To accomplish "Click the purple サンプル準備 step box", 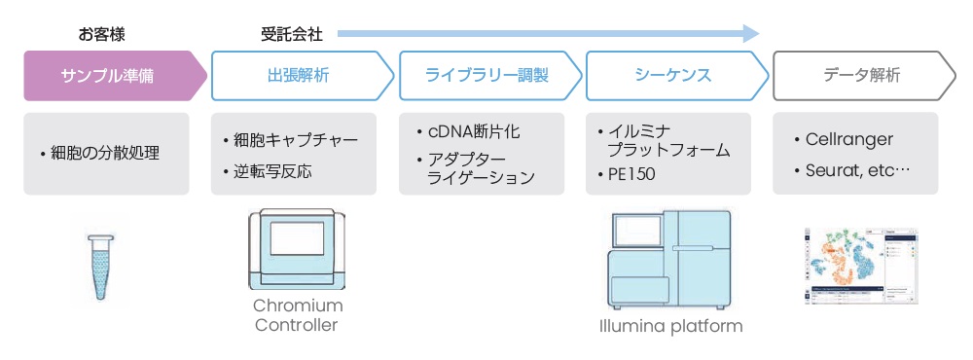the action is [x=115, y=76].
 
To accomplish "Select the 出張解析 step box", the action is [x=303, y=76].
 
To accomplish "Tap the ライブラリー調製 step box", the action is [x=490, y=76].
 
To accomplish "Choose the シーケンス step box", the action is [x=677, y=76].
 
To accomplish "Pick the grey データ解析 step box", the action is [x=864, y=76].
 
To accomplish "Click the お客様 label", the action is [x=102, y=34].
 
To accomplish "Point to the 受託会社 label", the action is [x=292, y=34].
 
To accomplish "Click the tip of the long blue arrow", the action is [x=760, y=33].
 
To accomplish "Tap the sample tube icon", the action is [x=100, y=267].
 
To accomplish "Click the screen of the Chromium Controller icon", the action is [x=297, y=238].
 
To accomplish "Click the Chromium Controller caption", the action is [x=298, y=315].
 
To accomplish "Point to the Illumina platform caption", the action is [x=670, y=326].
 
